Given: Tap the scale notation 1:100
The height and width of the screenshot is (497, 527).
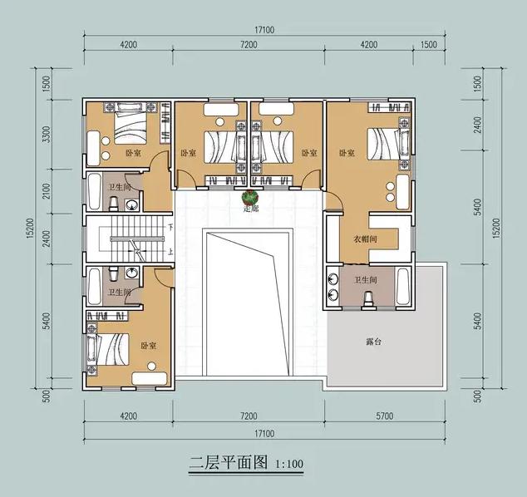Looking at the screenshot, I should coord(288,464).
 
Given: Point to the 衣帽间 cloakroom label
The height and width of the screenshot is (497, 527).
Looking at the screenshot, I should coord(366,239).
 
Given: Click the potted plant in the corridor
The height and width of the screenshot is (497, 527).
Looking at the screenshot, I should coord(248,197).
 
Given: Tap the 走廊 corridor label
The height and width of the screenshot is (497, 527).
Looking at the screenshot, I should coord(248,209).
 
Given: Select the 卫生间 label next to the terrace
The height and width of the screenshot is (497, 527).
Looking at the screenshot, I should coord(366,280).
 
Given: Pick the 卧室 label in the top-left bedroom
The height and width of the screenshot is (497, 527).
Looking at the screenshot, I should coord(132,153).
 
